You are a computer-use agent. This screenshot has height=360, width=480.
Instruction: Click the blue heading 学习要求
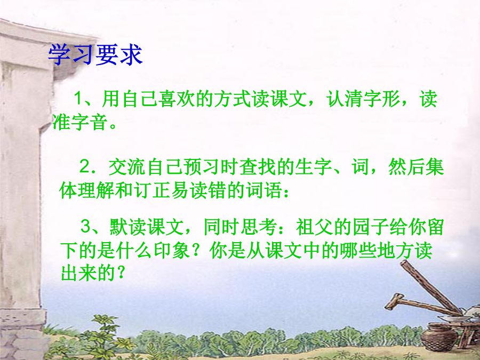pyautogui.click(x=95, y=55)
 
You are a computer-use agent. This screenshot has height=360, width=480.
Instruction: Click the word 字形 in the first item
pyautogui.click(x=381, y=99)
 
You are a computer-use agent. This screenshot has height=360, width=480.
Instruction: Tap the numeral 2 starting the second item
pyautogui.click(x=84, y=166)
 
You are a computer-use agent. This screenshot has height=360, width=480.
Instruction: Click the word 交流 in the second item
pyautogui.click(x=127, y=167)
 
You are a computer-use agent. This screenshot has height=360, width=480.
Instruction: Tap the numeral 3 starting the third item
pyautogui.click(x=85, y=227)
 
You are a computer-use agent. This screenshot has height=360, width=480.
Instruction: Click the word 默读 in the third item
pyautogui.click(x=128, y=227)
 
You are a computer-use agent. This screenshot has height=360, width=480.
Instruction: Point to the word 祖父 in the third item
pyautogui.click(x=315, y=227)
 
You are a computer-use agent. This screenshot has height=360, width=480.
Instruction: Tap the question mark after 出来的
pyautogui.click(x=121, y=273)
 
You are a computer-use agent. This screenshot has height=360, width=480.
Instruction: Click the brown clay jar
pyautogui.click(x=439, y=337)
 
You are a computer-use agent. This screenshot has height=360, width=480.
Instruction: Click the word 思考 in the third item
pyautogui.click(x=259, y=227)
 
